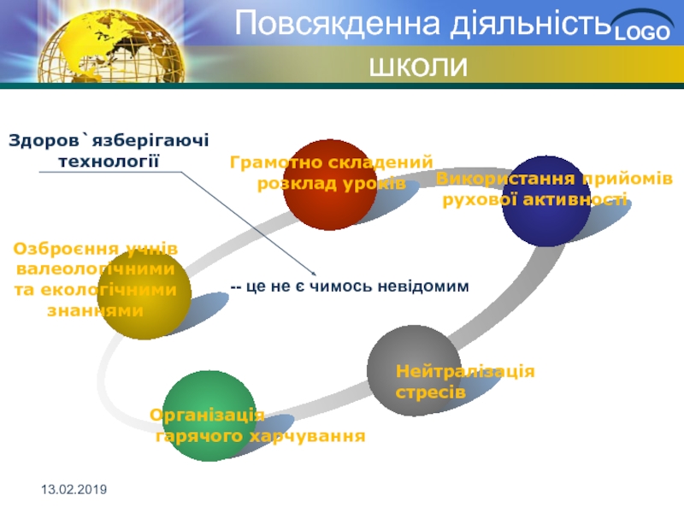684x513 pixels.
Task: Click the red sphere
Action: (330, 185)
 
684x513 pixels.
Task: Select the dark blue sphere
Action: (547, 201)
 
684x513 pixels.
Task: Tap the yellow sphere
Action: (144, 293)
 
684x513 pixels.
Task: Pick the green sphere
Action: (209, 416)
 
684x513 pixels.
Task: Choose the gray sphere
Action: (414, 370)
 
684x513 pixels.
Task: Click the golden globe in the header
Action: (111, 47)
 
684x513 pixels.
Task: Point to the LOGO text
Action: (642, 32)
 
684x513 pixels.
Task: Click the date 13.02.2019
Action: (74, 489)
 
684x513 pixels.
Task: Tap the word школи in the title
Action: (418, 67)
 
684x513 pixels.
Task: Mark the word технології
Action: (109, 162)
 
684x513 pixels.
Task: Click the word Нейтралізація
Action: (465, 371)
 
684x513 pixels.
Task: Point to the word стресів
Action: (431, 392)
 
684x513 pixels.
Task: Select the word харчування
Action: (307, 436)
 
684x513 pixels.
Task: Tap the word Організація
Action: (207, 416)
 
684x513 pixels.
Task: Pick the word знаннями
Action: (95, 311)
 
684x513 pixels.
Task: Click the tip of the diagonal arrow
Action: (315, 274)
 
